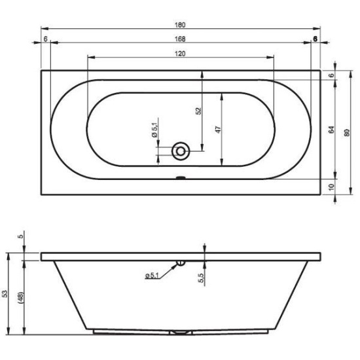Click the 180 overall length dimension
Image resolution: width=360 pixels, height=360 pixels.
(180, 25)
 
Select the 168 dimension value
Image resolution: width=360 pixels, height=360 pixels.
(180, 39)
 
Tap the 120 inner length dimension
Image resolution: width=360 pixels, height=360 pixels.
(180, 54)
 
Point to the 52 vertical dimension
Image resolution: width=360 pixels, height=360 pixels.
(198, 111)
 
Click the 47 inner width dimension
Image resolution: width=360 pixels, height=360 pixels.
(219, 130)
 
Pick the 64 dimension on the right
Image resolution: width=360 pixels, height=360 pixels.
(331, 130)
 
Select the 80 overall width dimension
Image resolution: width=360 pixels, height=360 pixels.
(347, 133)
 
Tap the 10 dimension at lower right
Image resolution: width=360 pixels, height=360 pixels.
(331, 187)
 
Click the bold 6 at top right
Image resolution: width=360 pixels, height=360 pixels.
(315, 39)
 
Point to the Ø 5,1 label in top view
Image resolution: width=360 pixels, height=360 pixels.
(155, 128)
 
